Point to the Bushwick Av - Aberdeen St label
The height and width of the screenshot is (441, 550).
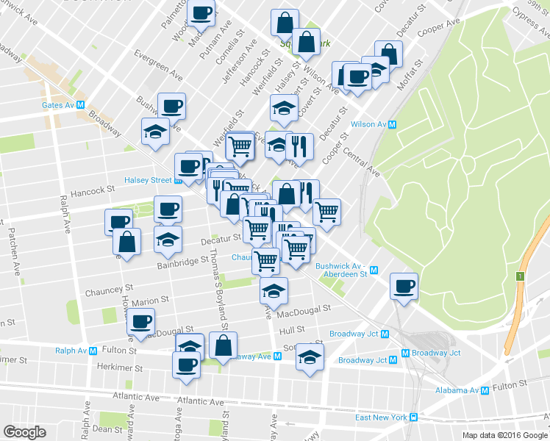(340, 270)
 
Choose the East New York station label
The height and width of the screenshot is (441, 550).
(381, 417)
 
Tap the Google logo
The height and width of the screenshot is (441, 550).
(24, 432)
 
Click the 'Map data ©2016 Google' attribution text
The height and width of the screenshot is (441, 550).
(504, 435)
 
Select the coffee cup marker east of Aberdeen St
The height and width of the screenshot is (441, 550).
(403, 286)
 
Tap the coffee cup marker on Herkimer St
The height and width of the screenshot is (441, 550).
(187, 364)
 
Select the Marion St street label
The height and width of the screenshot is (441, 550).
(151, 301)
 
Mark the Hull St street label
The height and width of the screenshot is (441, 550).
(292, 331)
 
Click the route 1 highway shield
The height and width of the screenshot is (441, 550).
(519, 276)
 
